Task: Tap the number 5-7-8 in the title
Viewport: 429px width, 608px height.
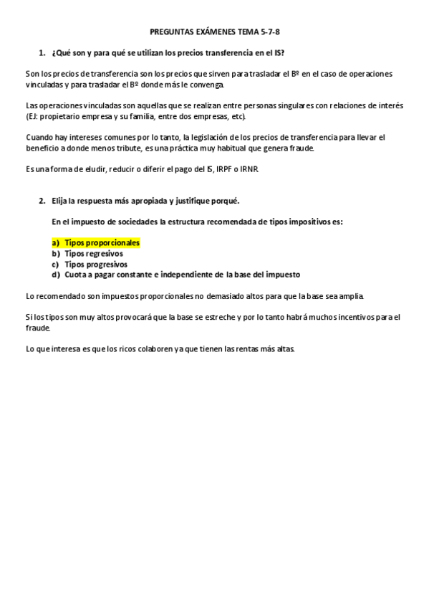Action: click(269, 32)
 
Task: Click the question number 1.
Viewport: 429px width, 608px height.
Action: click(42, 53)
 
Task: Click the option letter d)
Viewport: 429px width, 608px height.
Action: click(55, 275)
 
